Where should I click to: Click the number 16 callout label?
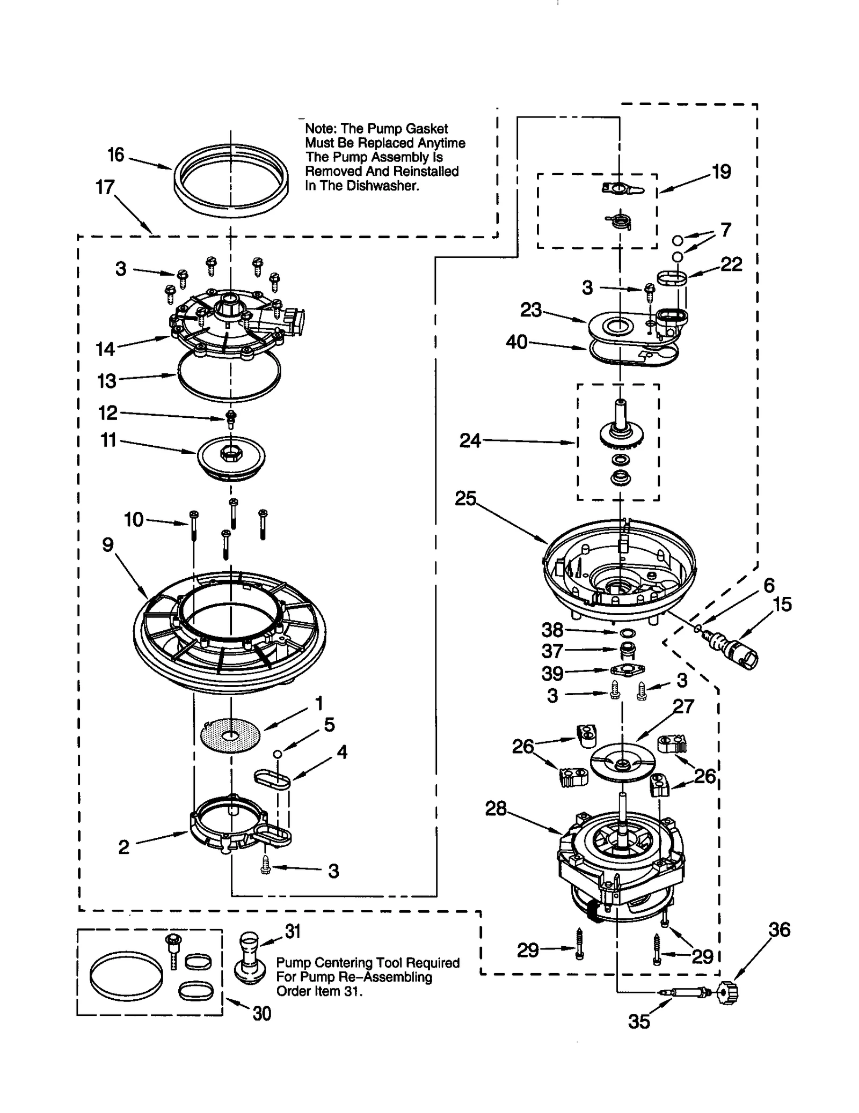click(x=115, y=155)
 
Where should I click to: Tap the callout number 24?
click(x=470, y=441)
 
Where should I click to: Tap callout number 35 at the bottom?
click(x=639, y=1022)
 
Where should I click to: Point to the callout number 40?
click(x=517, y=342)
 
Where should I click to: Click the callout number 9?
click(x=108, y=545)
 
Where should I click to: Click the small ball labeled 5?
click(x=278, y=754)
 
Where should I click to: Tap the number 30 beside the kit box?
click(x=261, y=1013)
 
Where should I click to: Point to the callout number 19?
click(x=721, y=172)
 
